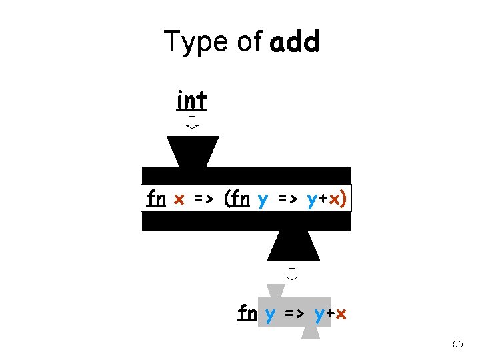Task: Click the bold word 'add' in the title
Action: point(295,42)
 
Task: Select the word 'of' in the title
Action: point(249,42)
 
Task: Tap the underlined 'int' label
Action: point(192,101)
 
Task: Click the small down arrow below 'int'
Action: point(192,123)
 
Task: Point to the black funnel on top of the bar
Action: point(193,151)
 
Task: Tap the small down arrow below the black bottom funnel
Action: point(292,273)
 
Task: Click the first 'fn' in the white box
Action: point(156,199)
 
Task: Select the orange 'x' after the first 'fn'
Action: point(179,199)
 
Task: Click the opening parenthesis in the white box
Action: point(228,199)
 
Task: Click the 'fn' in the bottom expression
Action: point(247,313)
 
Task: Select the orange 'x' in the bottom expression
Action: point(340,313)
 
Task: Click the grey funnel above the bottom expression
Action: point(275,291)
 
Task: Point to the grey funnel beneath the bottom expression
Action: point(311,333)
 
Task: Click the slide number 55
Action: point(457,344)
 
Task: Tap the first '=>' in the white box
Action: point(203,199)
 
